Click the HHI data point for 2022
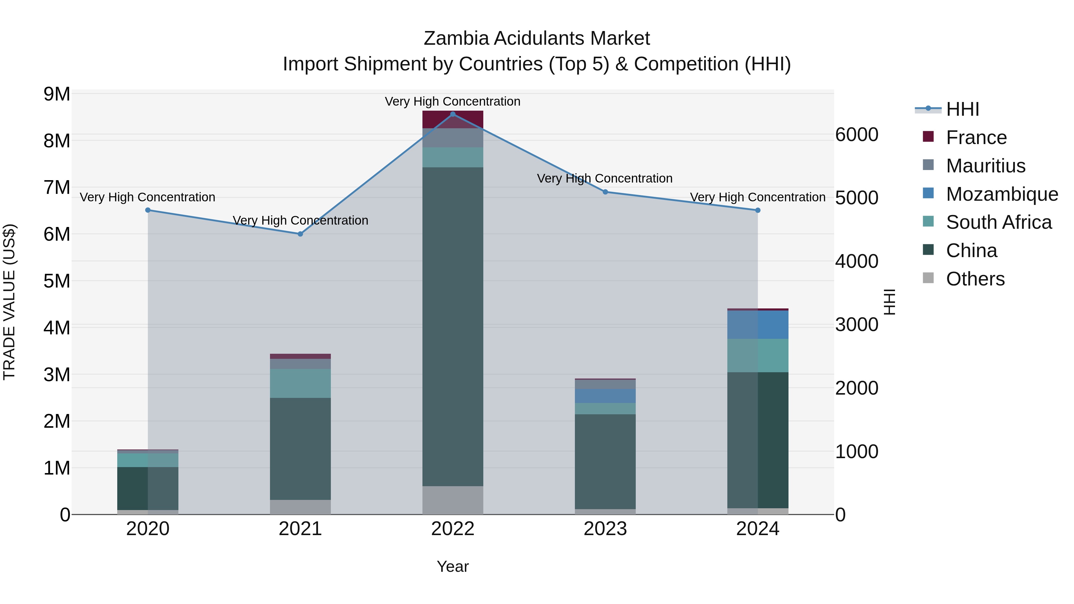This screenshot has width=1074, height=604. (x=453, y=114)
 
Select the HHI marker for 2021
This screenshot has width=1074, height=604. (x=300, y=234)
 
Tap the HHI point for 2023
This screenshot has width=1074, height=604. (x=605, y=192)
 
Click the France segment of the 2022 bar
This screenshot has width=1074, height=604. (x=453, y=120)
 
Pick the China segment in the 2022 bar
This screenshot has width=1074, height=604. (x=453, y=326)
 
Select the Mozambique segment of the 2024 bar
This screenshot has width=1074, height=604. (x=758, y=325)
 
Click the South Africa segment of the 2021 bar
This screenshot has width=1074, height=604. (x=300, y=383)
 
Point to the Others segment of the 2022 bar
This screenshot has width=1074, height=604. (x=453, y=500)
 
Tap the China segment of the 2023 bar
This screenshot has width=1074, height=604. (x=605, y=461)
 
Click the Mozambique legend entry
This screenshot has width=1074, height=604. (x=1002, y=194)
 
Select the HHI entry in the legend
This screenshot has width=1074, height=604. (x=962, y=109)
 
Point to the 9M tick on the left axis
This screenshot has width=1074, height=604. (x=57, y=94)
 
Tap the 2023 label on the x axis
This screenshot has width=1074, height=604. (x=605, y=529)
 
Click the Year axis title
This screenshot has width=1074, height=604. (x=453, y=566)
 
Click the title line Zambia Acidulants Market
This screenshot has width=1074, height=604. (x=537, y=38)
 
